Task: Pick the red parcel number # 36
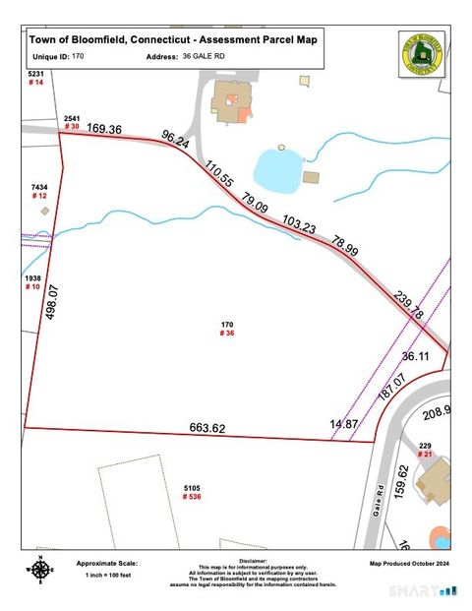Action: (x=226, y=334)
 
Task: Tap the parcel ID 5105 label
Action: (x=192, y=487)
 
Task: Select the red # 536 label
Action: (x=192, y=497)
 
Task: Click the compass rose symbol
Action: (x=39, y=569)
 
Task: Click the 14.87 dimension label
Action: (x=343, y=423)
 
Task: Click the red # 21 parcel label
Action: (x=425, y=454)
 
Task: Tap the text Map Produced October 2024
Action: (x=408, y=564)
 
